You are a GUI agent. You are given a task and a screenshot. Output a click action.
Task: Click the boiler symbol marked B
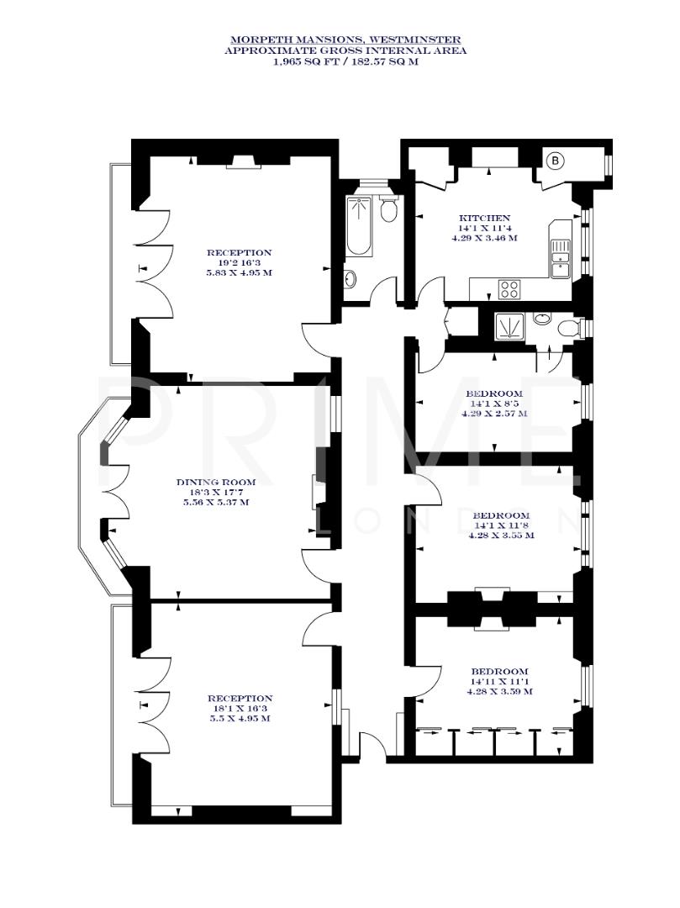coord(556,160)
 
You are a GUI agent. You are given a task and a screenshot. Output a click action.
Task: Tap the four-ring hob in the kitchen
coord(509,289)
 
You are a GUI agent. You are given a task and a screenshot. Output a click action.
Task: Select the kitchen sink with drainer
coord(560,257)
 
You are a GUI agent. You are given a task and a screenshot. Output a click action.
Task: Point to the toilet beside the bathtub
coord(388,209)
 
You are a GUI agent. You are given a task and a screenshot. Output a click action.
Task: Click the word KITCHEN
coord(496,218)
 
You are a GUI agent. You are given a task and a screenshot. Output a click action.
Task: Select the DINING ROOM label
coord(215,482)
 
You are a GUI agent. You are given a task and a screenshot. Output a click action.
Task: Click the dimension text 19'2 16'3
coord(240,262)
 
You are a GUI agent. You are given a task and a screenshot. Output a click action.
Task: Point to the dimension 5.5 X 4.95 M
coord(240,718)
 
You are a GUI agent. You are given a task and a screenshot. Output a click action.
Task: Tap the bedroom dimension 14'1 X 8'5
coord(494,404)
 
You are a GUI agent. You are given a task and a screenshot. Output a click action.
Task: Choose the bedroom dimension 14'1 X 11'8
coord(501,525)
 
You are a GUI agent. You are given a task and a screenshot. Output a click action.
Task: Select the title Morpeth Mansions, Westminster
coord(345,40)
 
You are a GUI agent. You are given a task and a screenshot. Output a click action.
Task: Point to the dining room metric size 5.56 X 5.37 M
coord(215,502)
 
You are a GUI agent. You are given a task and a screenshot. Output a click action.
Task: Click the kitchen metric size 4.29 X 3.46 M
coord(496,238)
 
